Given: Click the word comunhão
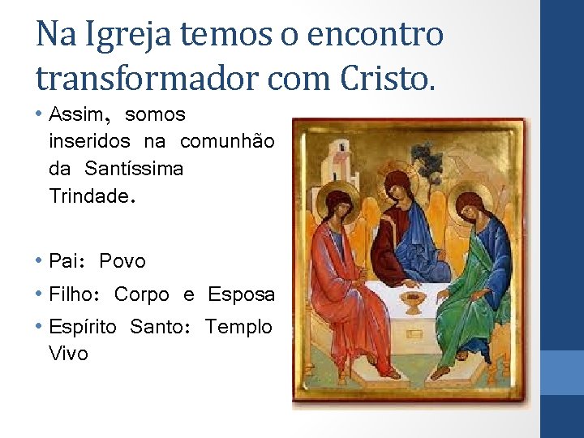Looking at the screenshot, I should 227,142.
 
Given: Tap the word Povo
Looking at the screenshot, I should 122,261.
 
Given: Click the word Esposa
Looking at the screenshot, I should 241,294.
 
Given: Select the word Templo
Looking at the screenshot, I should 238,327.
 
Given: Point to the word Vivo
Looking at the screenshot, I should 69,354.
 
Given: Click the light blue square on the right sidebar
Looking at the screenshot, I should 562,372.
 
